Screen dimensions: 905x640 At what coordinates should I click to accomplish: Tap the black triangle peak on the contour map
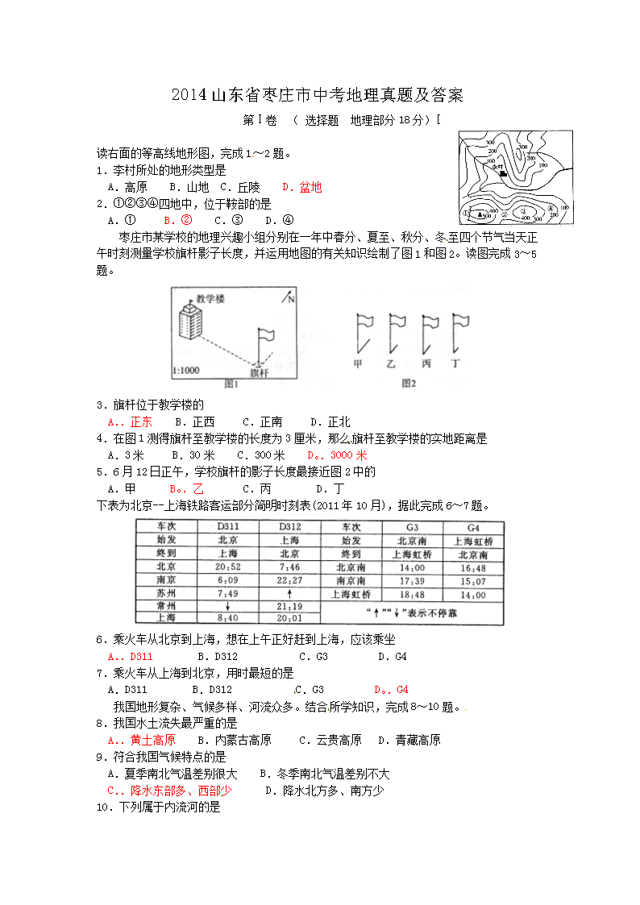click(x=480, y=215)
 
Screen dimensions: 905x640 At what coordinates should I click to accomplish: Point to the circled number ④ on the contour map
click(x=551, y=208)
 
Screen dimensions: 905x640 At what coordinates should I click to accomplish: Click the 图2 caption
click(x=409, y=384)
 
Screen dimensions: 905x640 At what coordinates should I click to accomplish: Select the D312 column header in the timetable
click(x=289, y=526)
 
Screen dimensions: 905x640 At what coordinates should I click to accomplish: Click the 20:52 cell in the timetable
click(x=228, y=567)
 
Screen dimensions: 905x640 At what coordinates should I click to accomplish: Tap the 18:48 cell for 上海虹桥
click(x=411, y=594)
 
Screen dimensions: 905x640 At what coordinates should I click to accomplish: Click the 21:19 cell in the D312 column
click(x=289, y=606)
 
